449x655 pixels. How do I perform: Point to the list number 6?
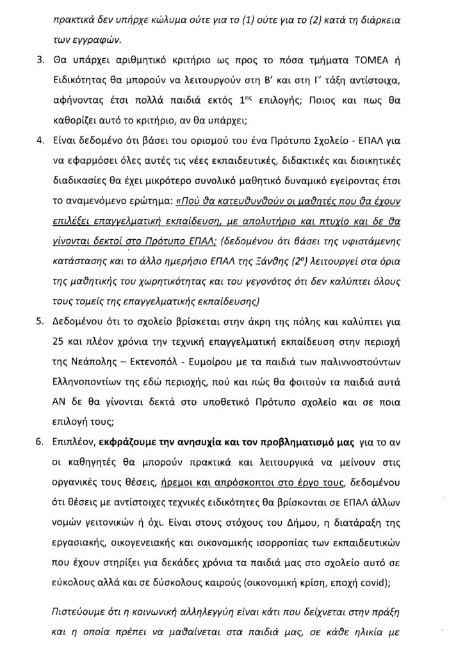(39, 441)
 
